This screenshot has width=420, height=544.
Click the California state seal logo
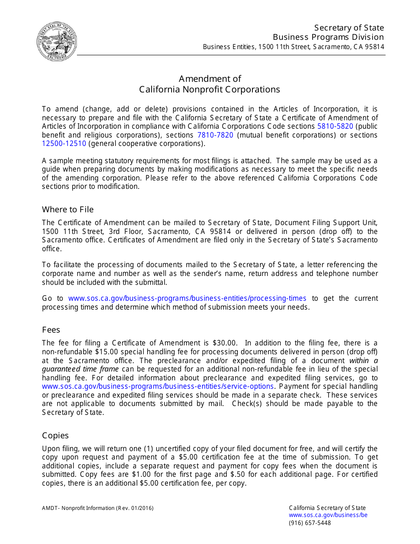[57, 41]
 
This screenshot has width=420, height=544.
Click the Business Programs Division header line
[328, 37]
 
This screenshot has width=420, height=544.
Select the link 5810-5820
[335, 126]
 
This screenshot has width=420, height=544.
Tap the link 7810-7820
[215, 135]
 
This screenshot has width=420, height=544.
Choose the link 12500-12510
[64, 144]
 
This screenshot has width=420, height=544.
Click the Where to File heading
[68, 209]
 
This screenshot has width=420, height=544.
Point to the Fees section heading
[51, 329]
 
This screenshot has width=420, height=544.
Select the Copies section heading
[55, 435]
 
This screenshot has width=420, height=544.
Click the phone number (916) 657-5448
[309, 523]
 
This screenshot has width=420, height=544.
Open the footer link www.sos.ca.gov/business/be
[328, 515]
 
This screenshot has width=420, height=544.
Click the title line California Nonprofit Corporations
[210, 89]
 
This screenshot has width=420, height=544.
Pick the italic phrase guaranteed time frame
[80, 369]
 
